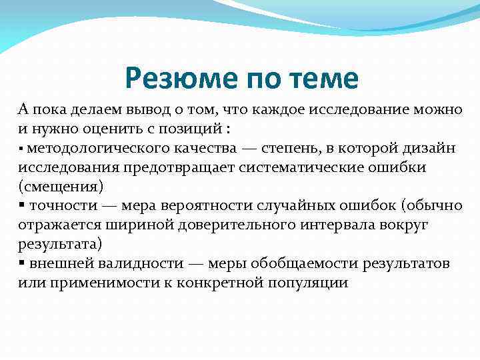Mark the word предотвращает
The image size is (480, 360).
point(161,167)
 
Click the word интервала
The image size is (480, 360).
point(336,225)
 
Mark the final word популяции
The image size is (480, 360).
point(307,283)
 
